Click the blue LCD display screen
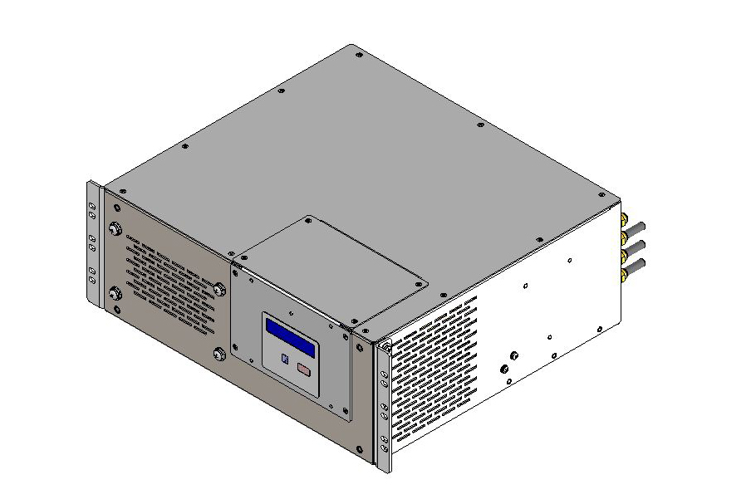(x=290, y=338)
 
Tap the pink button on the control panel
(x=304, y=370)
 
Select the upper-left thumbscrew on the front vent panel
(x=114, y=231)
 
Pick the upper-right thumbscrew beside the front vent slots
(x=219, y=289)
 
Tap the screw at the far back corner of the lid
(x=358, y=55)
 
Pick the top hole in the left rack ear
(x=92, y=192)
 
